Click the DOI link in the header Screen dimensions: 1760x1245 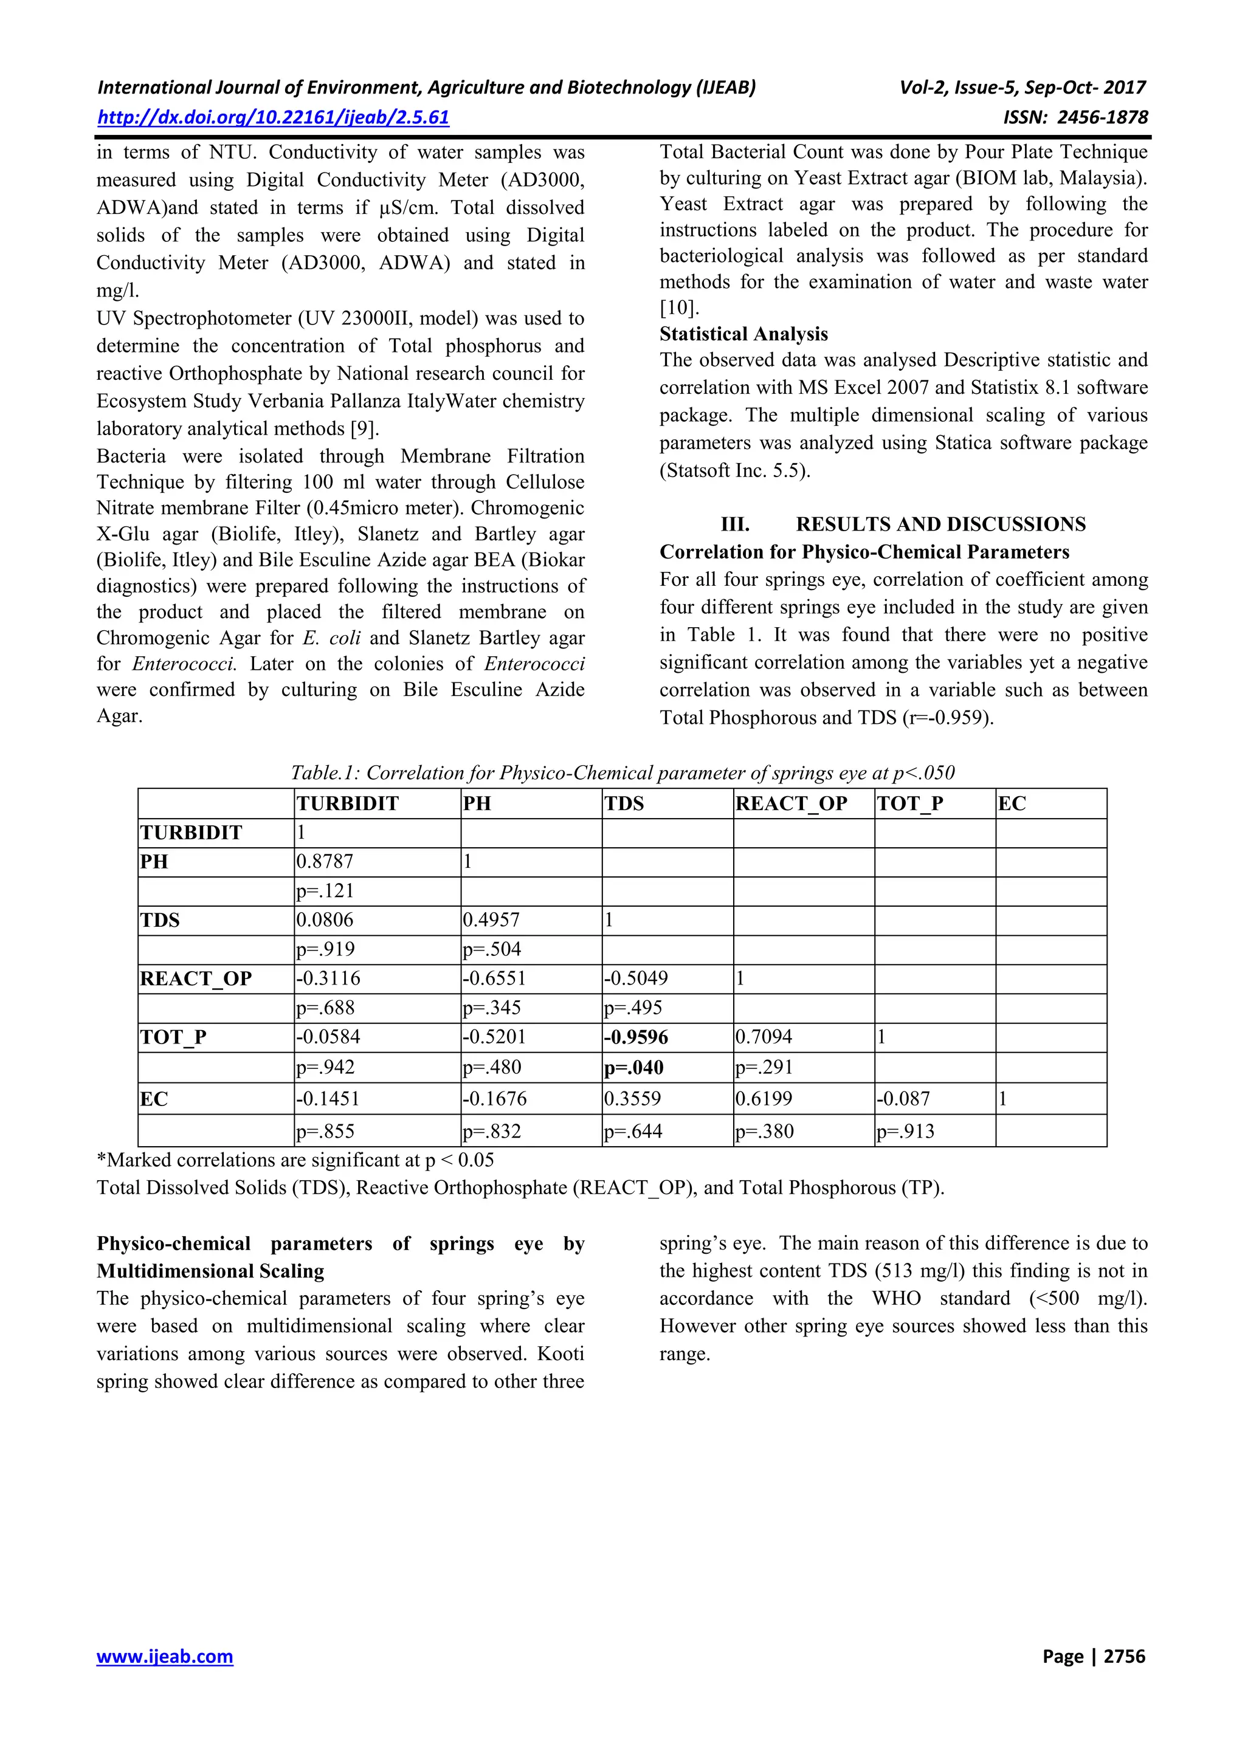click(x=273, y=117)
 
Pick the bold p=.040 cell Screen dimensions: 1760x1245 click(x=634, y=1068)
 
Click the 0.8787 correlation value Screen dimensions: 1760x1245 click(x=325, y=862)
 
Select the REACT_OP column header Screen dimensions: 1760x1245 click(x=791, y=803)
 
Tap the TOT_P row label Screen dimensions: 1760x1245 click(x=173, y=1037)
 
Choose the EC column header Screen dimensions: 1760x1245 click(x=1012, y=803)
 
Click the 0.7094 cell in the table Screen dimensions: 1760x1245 click(x=764, y=1037)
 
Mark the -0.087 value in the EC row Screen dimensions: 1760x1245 click(x=904, y=1098)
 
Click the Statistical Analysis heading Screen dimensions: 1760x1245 click(x=743, y=334)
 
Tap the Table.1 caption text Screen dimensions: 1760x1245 click(x=622, y=772)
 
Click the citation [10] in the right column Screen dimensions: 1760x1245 click(x=678, y=308)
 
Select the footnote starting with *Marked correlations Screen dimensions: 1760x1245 click(x=295, y=1160)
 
